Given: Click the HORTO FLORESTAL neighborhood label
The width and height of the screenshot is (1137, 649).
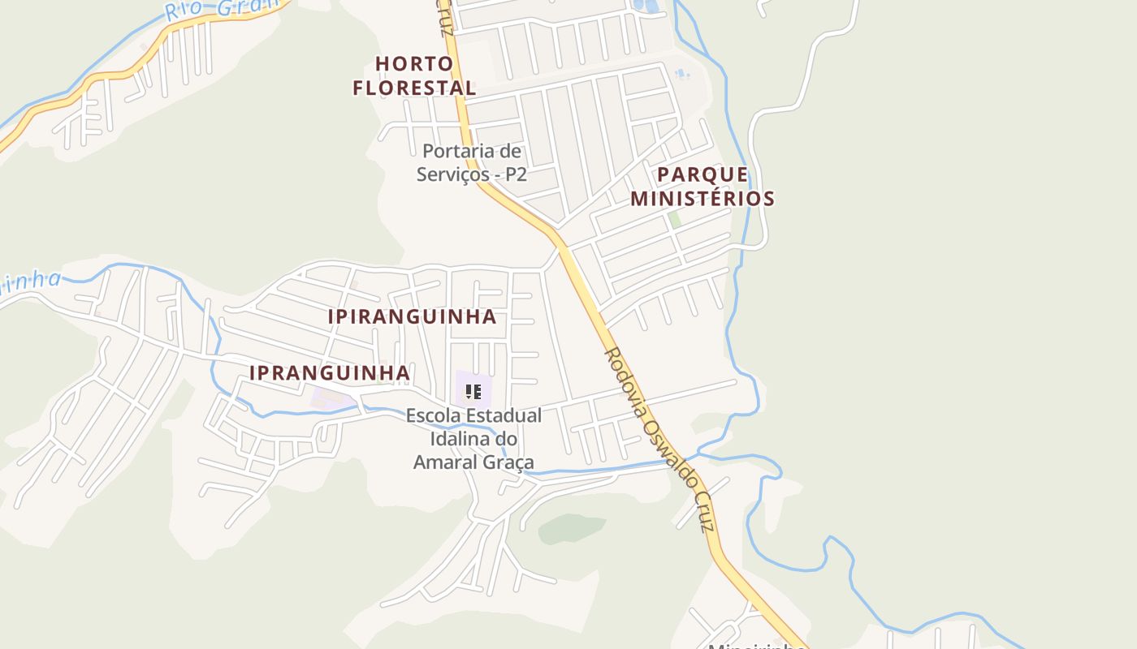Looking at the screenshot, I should (414, 75).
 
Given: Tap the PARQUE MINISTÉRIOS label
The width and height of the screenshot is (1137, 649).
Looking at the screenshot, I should (703, 187).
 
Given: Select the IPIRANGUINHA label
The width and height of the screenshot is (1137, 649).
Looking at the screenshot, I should (412, 316).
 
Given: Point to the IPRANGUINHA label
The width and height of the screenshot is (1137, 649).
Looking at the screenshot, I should (329, 372).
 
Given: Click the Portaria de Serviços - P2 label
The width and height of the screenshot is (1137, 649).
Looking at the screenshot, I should (472, 162).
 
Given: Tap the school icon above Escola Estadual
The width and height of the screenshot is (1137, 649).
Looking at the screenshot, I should (473, 393).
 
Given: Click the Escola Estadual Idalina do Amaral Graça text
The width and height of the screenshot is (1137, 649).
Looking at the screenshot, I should (473, 439).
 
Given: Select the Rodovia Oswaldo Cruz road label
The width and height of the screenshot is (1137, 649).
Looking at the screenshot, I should (659, 439).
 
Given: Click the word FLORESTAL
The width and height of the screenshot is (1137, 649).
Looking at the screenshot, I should (414, 88).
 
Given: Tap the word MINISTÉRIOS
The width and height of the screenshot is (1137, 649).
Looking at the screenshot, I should (703, 199).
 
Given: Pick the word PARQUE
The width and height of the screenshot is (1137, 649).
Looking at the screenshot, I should (703, 175).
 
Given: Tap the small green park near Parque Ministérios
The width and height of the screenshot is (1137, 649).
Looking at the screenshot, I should (674, 219).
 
